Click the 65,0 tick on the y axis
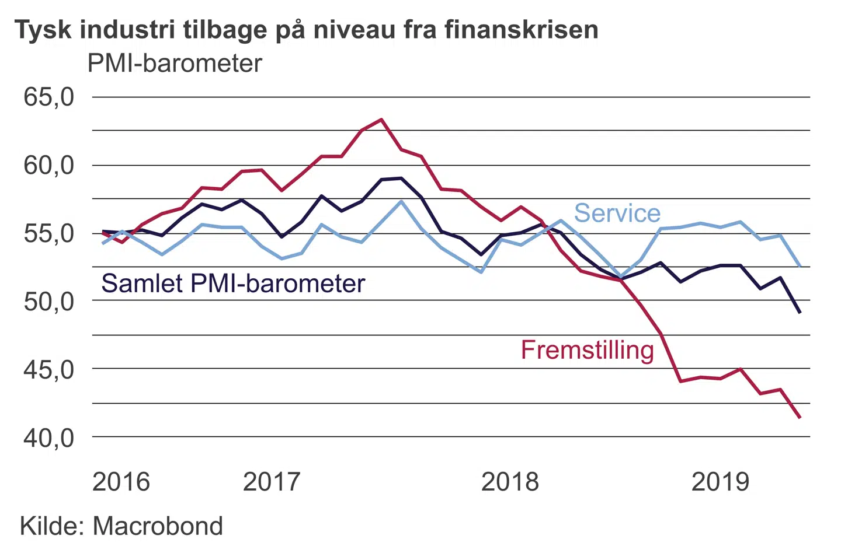coord(49,97)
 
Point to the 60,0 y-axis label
coord(49,166)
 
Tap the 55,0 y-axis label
coord(49,233)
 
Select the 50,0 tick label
coord(49,302)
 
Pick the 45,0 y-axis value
coord(49,370)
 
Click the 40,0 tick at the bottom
coord(49,437)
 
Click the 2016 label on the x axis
coord(121,482)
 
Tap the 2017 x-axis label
coord(271,482)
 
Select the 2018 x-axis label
coord(510,482)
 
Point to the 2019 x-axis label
coord(720,482)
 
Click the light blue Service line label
coord(617,213)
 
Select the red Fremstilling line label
coord(588,350)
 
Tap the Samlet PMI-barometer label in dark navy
coord(233,283)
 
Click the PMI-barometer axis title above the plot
coord(175,64)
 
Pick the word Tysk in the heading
coord(42,30)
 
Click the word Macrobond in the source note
coord(158,526)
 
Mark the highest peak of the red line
coord(381,120)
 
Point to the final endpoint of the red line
coord(800,418)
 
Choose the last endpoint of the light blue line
coord(800,266)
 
